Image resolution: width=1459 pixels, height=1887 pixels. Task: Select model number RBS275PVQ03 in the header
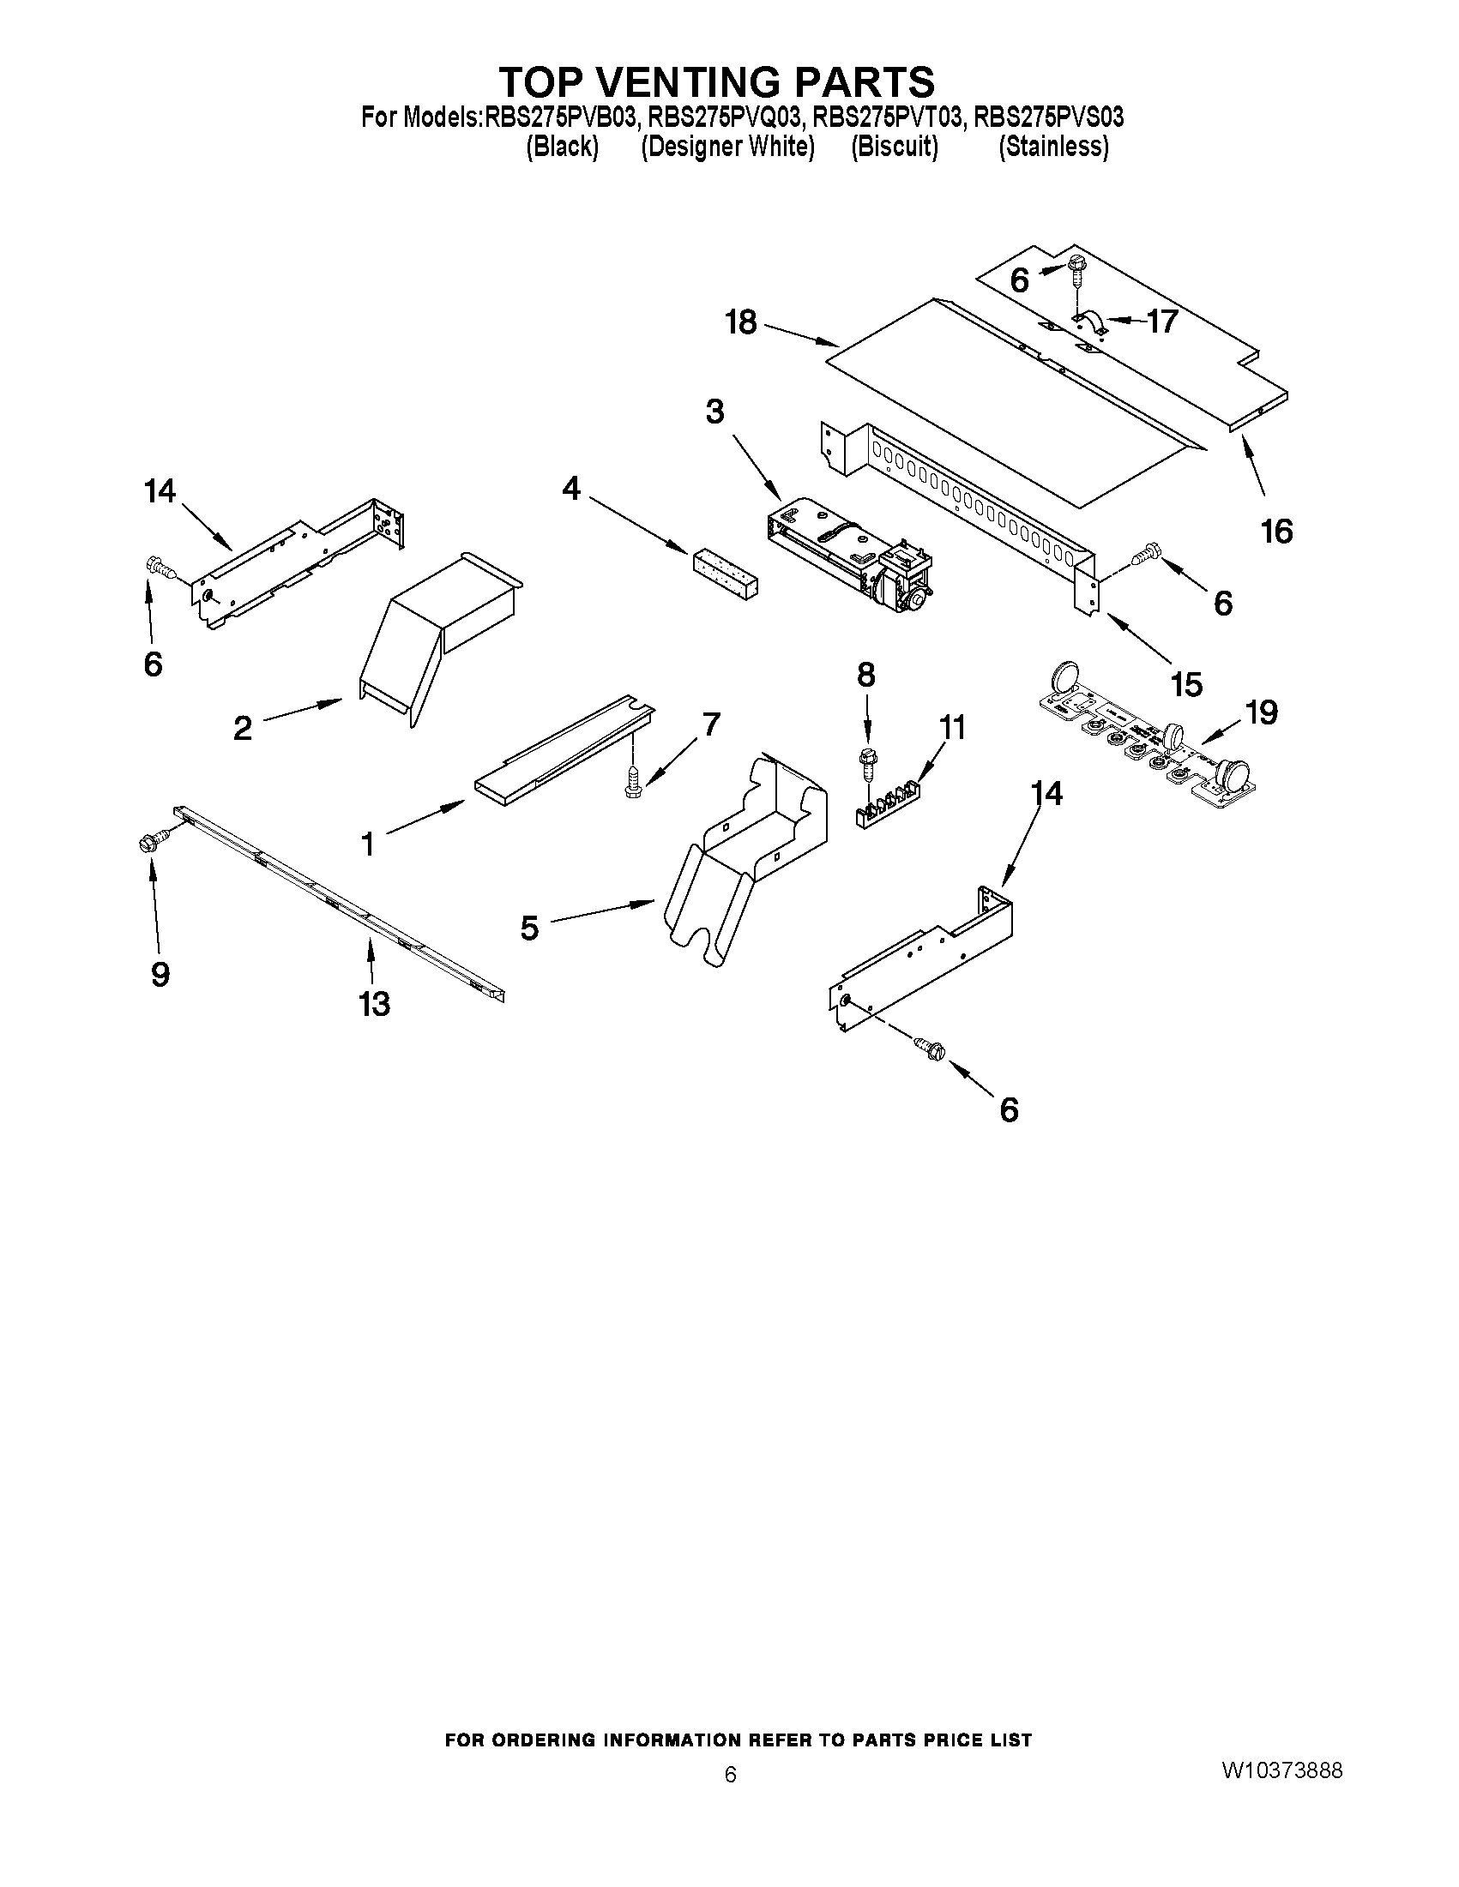click(726, 117)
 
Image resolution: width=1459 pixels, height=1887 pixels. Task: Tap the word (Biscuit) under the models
click(895, 147)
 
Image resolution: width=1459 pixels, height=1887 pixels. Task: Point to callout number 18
click(742, 322)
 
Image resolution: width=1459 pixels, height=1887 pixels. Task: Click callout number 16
click(1276, 531)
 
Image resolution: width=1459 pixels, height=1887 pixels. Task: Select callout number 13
click(375, 1003)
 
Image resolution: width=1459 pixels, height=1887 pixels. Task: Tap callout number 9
click(160, 974)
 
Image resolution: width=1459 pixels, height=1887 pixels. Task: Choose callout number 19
click(1261, 712)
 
